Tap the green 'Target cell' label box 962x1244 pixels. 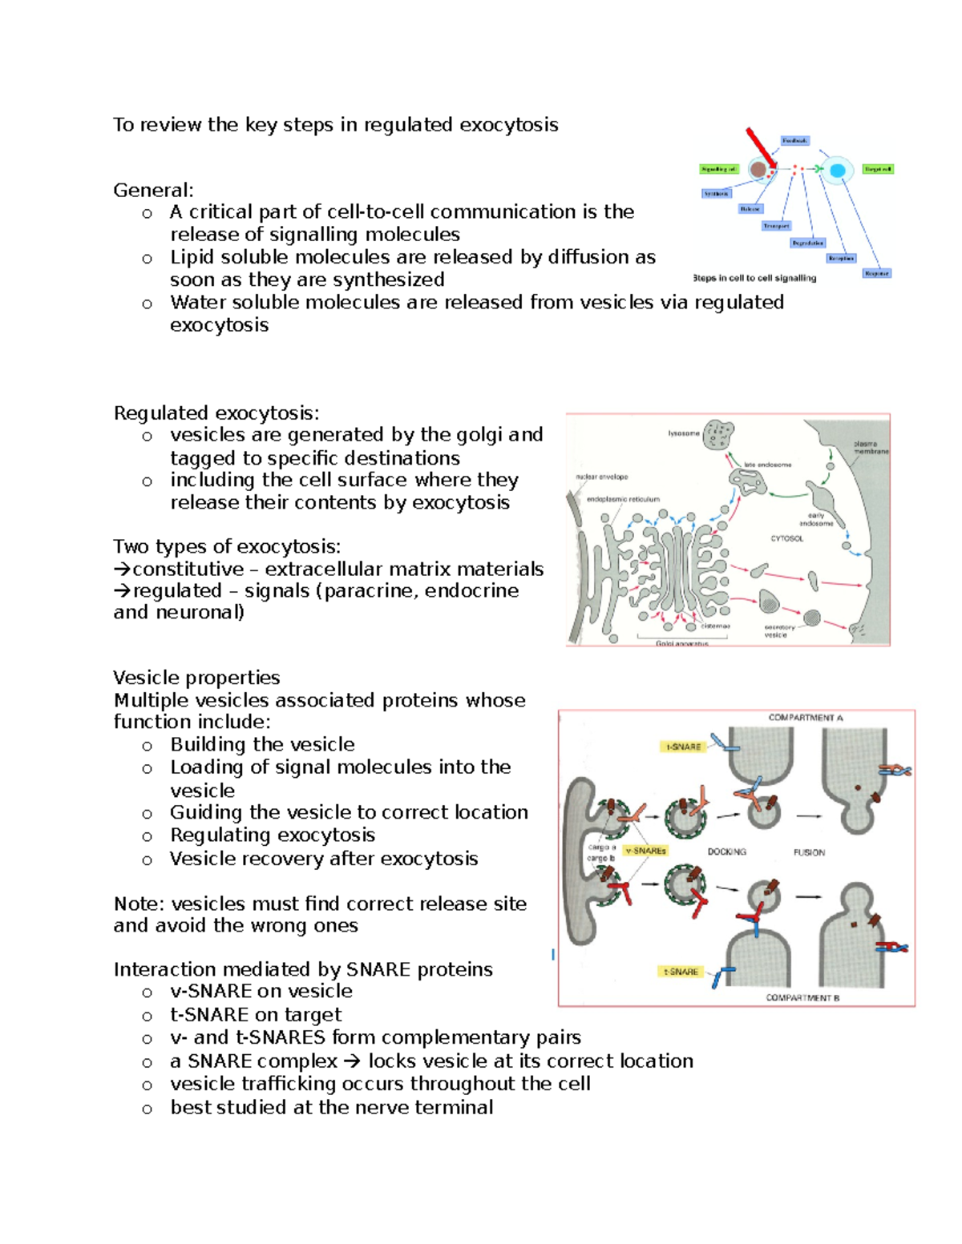click(x=878, y=169)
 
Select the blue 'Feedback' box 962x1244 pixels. click(x=794, y=141)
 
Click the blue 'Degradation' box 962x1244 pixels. click(x=807, y=243)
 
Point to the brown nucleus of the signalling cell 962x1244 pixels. click(x=758, y=170)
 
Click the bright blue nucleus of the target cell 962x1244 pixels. click(x=838, y=171)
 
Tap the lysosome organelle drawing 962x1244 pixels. click(x=718, y=434)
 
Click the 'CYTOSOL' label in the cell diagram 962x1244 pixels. click(x=786, y=538)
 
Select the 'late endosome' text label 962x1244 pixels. click(x=767, y=465)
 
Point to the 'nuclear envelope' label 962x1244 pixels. click(x=601, y=477)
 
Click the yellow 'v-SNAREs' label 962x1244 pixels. click(x=645, y=851)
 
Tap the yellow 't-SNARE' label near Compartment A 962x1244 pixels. click(x=683, y=747)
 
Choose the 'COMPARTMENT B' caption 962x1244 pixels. click(x=802, y=998)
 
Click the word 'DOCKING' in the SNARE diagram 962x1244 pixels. click(x=726, y=851)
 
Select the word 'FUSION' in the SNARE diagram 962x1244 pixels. click(x=809, y=852)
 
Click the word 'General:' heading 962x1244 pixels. click(x=153, y=190)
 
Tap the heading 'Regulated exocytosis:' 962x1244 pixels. click(x=216, y=413)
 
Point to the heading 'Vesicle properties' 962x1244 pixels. click(x=196, y=678)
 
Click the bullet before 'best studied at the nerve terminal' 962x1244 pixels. click(x=147, y=1109)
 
